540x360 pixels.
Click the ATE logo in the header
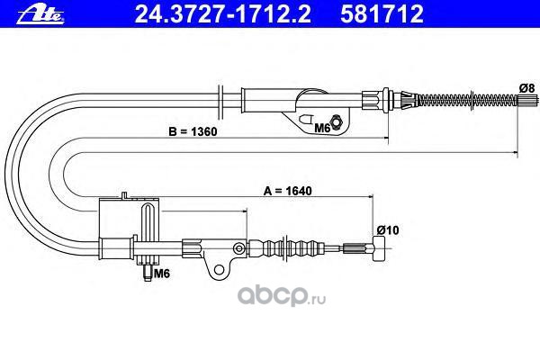coord(29,13)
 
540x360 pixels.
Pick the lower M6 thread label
coord(162,274)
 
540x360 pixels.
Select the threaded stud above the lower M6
coord(146,266)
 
